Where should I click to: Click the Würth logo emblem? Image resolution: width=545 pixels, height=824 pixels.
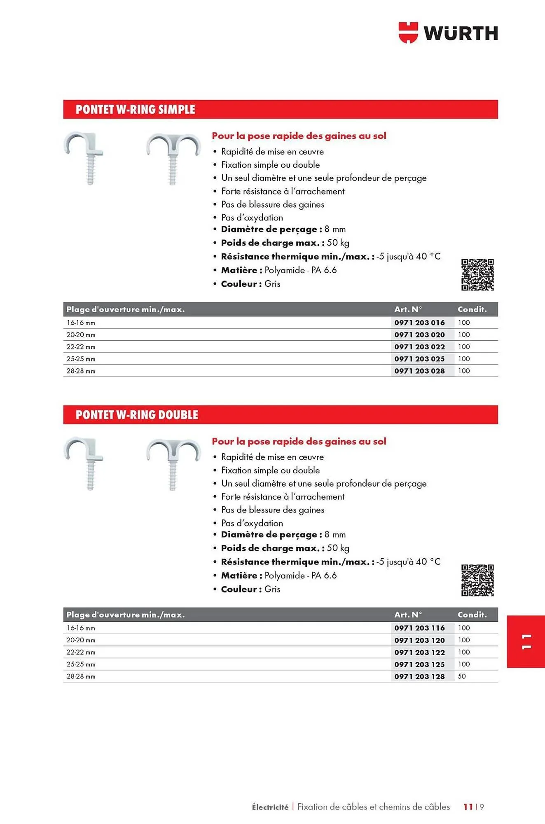(408, 33)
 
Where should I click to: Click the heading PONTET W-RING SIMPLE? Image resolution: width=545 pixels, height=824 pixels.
(135, 110)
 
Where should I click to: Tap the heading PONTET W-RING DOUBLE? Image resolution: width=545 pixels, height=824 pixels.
(137, 415)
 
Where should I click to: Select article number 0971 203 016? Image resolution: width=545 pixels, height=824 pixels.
(419, 323)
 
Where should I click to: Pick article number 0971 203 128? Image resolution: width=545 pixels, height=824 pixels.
(419, 677)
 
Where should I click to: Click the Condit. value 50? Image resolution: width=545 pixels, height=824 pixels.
(462, 677)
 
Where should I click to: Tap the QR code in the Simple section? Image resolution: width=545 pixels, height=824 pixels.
(477, 275)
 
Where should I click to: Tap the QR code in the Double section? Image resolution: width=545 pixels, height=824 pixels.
(477, 580)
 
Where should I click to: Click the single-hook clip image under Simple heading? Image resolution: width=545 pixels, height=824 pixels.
(84, 157)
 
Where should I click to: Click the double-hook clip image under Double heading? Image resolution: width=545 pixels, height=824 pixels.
(173, 464)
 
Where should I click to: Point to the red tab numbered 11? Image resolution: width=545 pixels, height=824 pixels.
(526, 641)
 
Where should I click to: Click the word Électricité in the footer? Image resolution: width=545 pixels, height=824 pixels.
(270, 807)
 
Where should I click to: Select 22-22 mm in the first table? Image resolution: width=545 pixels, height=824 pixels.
(81, 347)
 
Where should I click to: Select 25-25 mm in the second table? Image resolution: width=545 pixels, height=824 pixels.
(81, 665)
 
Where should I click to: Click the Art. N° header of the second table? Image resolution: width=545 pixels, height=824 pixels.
(408, 615)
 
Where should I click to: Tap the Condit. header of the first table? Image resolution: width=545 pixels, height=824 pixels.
(472, 309)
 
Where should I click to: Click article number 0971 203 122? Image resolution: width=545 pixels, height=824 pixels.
(419, 653)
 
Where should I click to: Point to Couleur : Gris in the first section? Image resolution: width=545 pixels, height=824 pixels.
(250, 284)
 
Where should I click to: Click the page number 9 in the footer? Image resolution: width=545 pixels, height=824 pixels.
(482, 807)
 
